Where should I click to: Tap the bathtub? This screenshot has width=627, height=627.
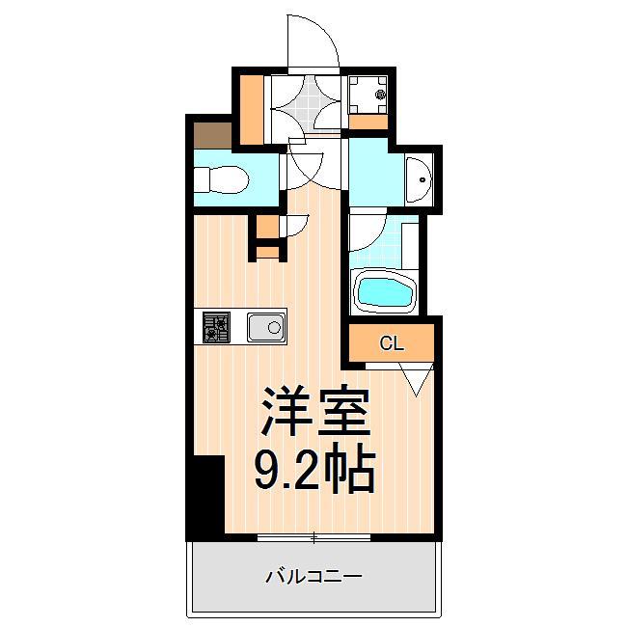point(385,290)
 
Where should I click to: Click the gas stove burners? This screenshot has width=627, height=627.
point(215,328)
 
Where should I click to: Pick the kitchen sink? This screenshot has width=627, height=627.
point(265,328)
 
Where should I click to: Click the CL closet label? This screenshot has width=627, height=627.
point(392,342)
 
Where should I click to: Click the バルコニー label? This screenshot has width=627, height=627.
point(313,577)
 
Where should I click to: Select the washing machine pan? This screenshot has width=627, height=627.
point(367,93)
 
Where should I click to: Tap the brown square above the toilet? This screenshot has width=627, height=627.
point(211,134)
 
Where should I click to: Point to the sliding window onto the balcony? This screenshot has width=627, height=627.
point(313,536)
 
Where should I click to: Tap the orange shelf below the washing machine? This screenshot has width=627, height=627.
point(367,122)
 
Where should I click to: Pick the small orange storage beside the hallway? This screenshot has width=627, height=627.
point(267,237)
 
